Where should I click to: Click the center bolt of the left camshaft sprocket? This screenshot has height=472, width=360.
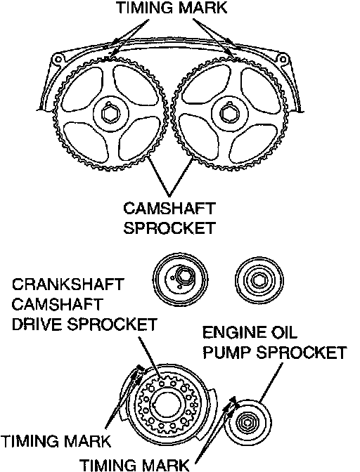click(x=111, y=114)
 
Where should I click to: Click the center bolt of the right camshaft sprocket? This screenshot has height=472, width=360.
click(x=229, y=114)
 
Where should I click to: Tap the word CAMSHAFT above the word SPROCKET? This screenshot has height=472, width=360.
click(x=169, y=209)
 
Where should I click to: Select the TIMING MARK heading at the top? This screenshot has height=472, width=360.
click(x=172, y=8)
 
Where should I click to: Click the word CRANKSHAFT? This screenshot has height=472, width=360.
click(x=67, y=284)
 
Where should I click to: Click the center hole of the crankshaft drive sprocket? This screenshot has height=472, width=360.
click(x=167, y=405)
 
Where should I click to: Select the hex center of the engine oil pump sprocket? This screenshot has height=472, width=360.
click(x=247, y=423)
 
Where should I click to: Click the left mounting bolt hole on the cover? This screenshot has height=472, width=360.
click(x=57, y=60)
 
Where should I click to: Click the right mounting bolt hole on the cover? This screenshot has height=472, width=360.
click(x=283, y=59)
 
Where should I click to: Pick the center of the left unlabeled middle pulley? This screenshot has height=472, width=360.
click(x=180, y=280)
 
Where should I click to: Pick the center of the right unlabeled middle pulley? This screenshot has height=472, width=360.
click(x=259, y=280)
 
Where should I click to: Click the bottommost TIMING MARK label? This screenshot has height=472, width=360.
click(x=135, y=465)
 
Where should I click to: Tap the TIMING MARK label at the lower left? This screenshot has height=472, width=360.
click(x=56, y=442)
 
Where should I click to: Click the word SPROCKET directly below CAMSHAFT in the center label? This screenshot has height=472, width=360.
click(x=169, y=228)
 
